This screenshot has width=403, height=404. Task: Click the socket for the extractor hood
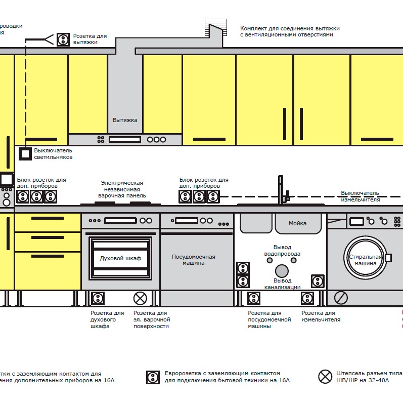click(63, 39)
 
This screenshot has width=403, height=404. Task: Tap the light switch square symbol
click(25, 154)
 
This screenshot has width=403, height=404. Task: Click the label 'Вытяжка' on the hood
click(125, 120)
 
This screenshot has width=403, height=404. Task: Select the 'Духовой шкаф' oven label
click(120, 259)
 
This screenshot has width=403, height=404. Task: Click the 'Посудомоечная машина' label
click(194, 260)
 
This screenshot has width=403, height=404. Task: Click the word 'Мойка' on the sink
click(297, 223)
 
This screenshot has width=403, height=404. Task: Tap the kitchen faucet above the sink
click(281, 190)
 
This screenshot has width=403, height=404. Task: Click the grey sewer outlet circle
click(282, 271)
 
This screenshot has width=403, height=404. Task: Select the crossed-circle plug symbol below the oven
click(140, 298)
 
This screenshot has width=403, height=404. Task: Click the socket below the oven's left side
click(98, 298)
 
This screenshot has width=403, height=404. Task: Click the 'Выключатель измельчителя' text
click(360, 196)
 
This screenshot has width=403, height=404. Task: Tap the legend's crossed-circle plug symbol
click(325, 377)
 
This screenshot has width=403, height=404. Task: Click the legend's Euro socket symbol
click(153, 377)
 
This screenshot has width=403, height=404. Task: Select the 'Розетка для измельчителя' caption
click(321, 316)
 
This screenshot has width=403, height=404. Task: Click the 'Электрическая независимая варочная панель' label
click(122, 189)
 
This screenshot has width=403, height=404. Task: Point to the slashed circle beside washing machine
click(341, 298)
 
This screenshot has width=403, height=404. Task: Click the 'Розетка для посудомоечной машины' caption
click(269, 319)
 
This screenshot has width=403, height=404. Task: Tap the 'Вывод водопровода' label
click(283, 251)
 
